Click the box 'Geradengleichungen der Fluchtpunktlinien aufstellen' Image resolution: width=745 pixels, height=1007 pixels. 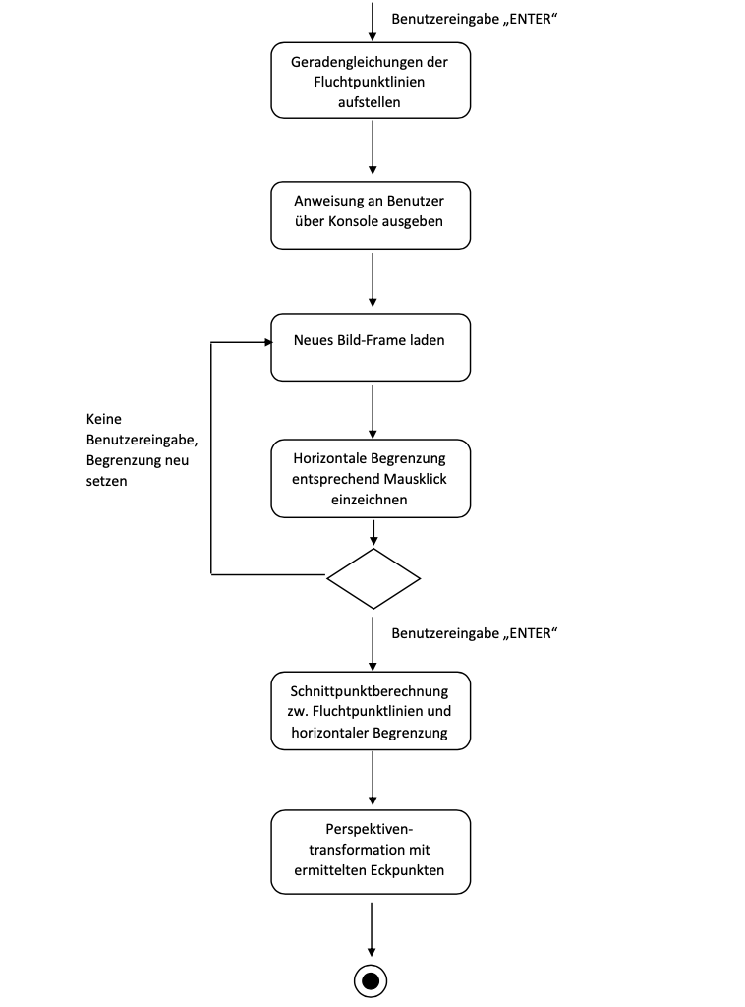tap(371, 82)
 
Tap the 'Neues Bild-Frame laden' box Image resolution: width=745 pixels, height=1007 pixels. tap(371, 346)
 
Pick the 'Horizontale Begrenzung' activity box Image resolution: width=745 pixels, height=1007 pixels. tap(371, 478)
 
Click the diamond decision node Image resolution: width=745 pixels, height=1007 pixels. tap(372, 578)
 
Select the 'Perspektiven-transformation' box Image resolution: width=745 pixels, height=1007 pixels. tap(371, 852)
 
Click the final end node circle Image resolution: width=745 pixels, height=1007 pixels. tap(372, 980)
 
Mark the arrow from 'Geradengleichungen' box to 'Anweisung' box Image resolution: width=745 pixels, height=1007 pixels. tap(372, 148)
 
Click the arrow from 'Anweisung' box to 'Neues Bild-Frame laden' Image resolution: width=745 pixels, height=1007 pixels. tap(372, 280)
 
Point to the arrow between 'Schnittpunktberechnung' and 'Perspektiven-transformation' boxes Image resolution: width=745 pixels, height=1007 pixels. tap(372, 779)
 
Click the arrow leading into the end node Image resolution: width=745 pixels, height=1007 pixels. tap(372, 928)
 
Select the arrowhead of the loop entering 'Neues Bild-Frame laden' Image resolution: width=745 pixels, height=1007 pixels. tap(266, 342)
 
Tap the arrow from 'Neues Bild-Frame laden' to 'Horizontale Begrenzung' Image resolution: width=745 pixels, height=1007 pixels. tap(372, 410)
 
